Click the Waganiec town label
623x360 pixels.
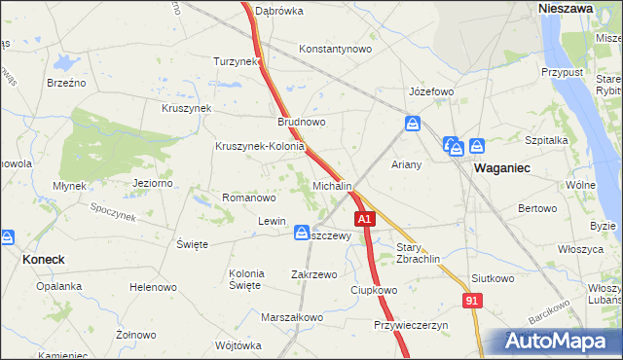click(501, 167)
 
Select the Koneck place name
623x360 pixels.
click(43, 260)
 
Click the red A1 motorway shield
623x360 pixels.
click(364, 221)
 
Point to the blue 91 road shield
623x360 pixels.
click(472, 303)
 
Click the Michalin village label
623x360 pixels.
click(332, 185)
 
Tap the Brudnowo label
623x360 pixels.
click(302, 123)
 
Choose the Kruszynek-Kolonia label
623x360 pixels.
click(260, 147)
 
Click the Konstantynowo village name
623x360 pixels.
click(336, 49)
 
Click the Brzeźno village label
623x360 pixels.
click(66, 83)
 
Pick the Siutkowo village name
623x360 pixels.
click(492, 278)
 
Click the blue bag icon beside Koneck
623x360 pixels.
click(6, 236)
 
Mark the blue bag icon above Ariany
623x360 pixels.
click(413, 125)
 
